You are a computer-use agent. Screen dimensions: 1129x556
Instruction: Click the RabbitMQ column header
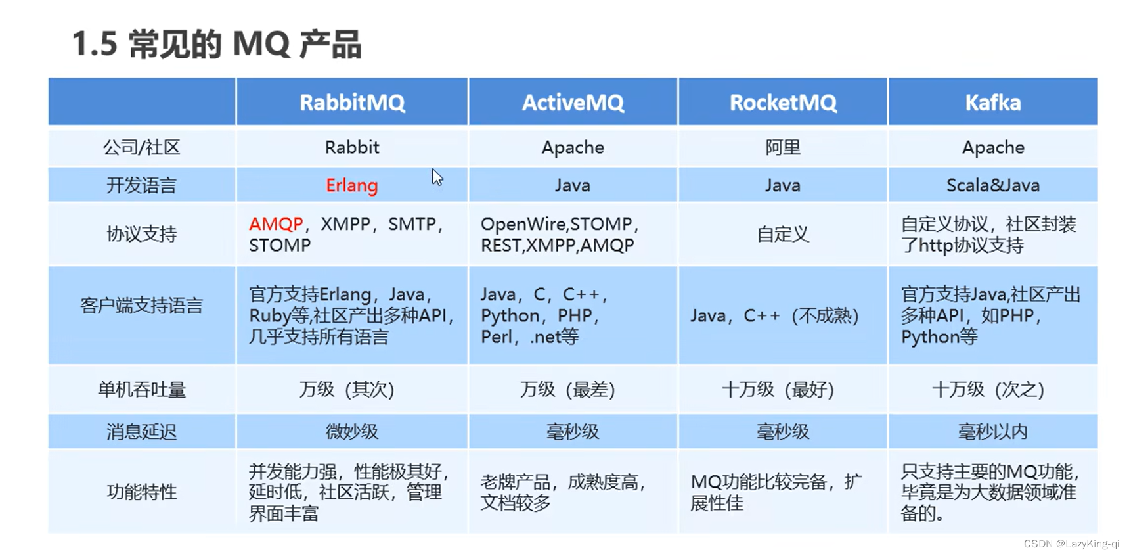352,103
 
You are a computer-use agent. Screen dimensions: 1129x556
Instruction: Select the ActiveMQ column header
573,103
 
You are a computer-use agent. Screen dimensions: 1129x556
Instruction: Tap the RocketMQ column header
783,103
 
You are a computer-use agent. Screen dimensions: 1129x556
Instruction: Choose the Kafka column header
993,103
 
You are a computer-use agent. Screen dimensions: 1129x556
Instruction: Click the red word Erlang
352,185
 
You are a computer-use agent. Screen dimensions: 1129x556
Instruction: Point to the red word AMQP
276,224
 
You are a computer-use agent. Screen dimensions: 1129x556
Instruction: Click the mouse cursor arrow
437,177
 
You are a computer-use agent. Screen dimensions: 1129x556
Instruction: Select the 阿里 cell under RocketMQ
783,147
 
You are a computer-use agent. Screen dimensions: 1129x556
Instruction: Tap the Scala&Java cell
993,185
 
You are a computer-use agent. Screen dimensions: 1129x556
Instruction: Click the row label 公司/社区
142,147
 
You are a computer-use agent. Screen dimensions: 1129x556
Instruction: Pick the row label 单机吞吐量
142,390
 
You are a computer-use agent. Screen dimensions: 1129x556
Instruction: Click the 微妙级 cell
352,432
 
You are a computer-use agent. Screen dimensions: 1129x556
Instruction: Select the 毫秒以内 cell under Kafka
993,432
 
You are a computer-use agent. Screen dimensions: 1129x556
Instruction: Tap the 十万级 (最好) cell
778,390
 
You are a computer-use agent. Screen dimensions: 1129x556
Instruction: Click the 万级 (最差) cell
567,390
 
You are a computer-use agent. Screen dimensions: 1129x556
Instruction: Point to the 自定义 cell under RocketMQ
783,234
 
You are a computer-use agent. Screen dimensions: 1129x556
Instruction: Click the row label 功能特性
142,492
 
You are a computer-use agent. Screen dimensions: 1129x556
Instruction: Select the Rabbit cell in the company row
352,147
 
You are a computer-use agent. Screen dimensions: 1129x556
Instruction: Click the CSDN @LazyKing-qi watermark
1072,544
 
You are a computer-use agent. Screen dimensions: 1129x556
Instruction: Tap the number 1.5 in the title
95,45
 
